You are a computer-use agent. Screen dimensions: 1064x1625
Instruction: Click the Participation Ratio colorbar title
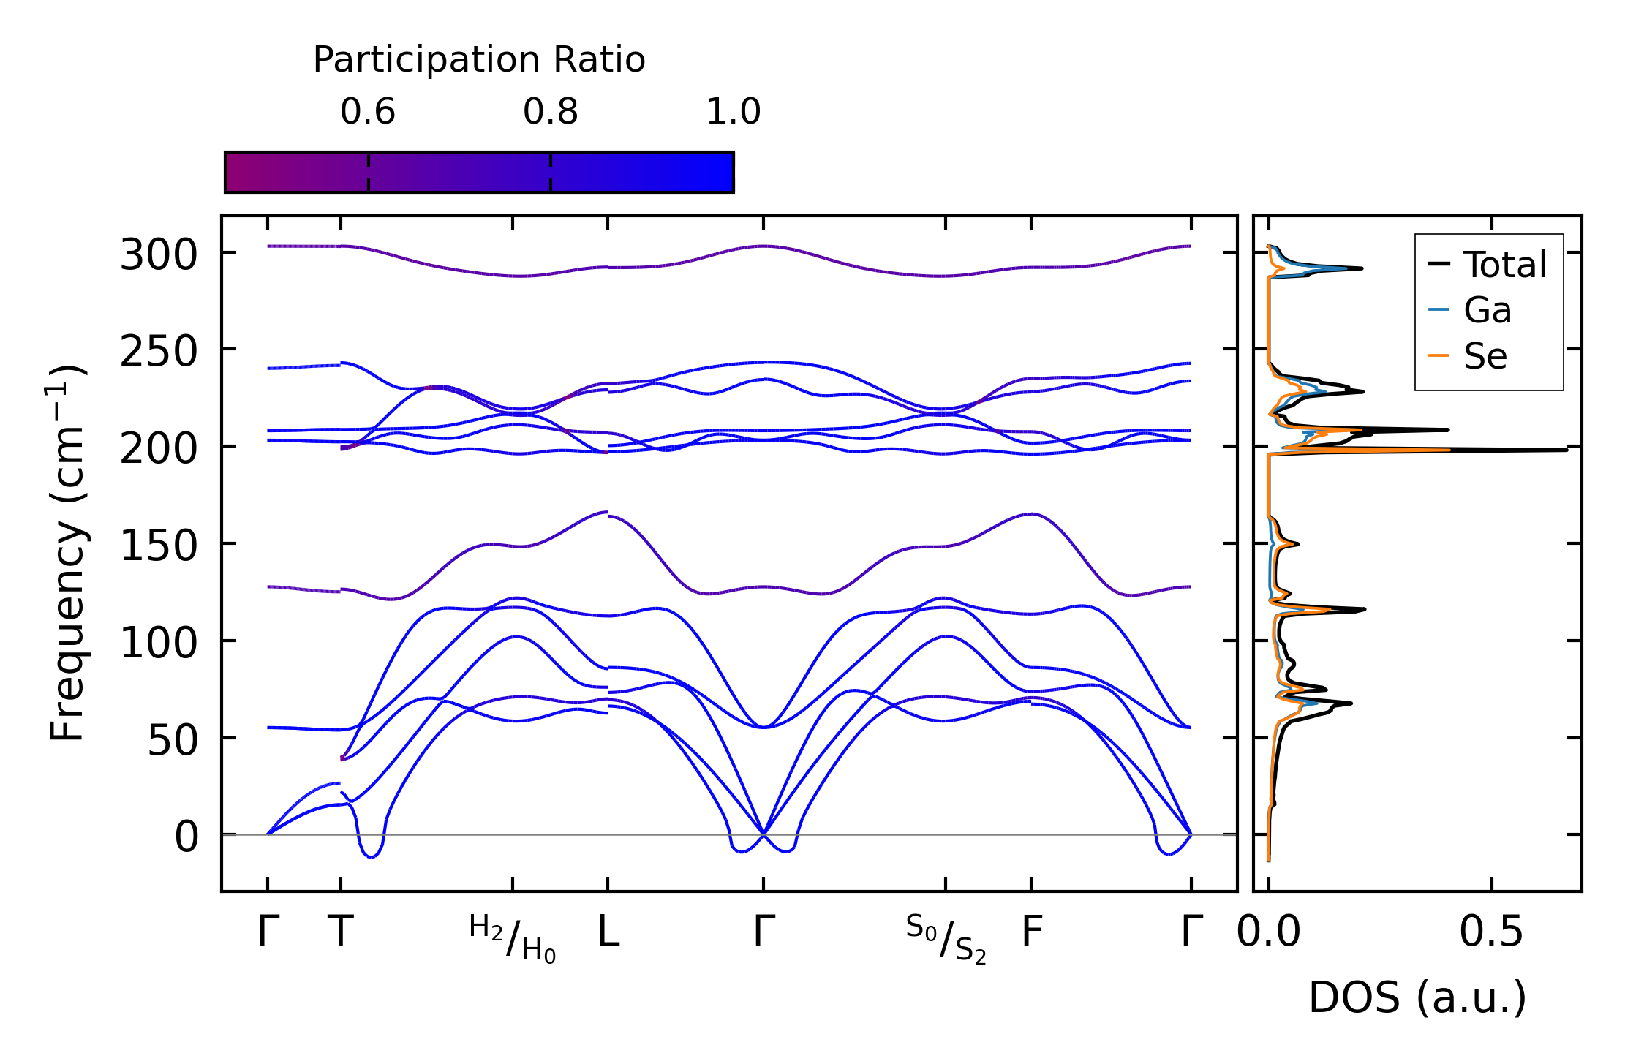point(479,60)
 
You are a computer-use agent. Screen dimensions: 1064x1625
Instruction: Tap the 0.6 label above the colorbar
point(368,112)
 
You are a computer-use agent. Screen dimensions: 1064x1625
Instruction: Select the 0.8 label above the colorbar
point(551,112)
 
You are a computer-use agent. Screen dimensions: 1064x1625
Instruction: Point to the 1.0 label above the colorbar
point(734,112)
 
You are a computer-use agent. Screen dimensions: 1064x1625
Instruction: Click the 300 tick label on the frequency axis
point(159,256)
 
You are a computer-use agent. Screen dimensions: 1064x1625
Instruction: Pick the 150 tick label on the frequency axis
point(159,546)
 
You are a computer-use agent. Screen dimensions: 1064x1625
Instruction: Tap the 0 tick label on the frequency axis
point(186,837)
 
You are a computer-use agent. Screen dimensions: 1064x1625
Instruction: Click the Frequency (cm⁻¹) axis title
point(67,553)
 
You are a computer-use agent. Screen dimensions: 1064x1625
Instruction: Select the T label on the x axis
point(341,932)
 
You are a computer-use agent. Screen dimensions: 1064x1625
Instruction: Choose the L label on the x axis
point(608,932)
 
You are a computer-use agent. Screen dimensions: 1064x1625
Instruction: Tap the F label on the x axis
point(1031,932)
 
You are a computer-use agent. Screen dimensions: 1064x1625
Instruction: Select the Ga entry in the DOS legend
point(1487,310)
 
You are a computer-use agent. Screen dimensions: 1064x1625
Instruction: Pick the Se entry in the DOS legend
point(1485,356)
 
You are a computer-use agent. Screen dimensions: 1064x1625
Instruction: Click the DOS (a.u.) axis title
point(1417,997)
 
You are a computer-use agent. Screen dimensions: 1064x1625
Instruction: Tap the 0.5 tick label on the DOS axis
point(1491,932)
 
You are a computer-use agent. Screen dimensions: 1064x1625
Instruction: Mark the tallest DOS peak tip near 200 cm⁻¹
point(1566,450)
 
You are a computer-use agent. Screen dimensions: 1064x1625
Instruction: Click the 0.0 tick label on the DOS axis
point(1268,932)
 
